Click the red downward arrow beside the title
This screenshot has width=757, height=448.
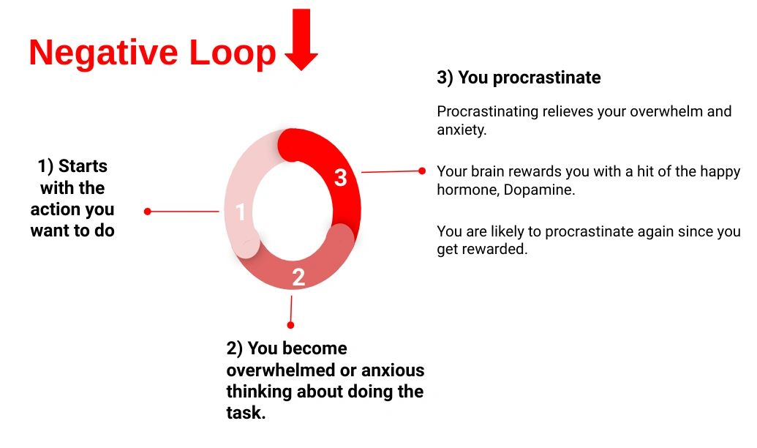tap(301, 39)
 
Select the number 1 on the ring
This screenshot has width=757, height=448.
tap(240, 212)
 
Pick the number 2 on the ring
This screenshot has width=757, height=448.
tap(298, 277)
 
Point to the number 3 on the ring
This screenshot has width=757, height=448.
tap(340, 177)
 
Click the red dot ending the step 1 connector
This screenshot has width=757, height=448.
tap(148, 212)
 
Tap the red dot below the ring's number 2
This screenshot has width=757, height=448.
tap(290, 325)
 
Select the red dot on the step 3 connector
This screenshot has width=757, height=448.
tap(422, 171)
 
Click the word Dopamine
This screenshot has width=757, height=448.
tap(538, 190)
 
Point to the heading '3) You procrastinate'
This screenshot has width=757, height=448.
tap(519, 78)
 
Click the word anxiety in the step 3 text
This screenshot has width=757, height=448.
tap(461, 130)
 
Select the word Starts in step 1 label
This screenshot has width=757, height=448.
tap(83, 165)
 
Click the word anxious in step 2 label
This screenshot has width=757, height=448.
tap(393, 370)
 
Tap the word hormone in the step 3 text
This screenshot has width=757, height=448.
tap(467, 190)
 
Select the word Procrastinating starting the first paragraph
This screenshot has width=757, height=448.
tap(487, 111)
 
